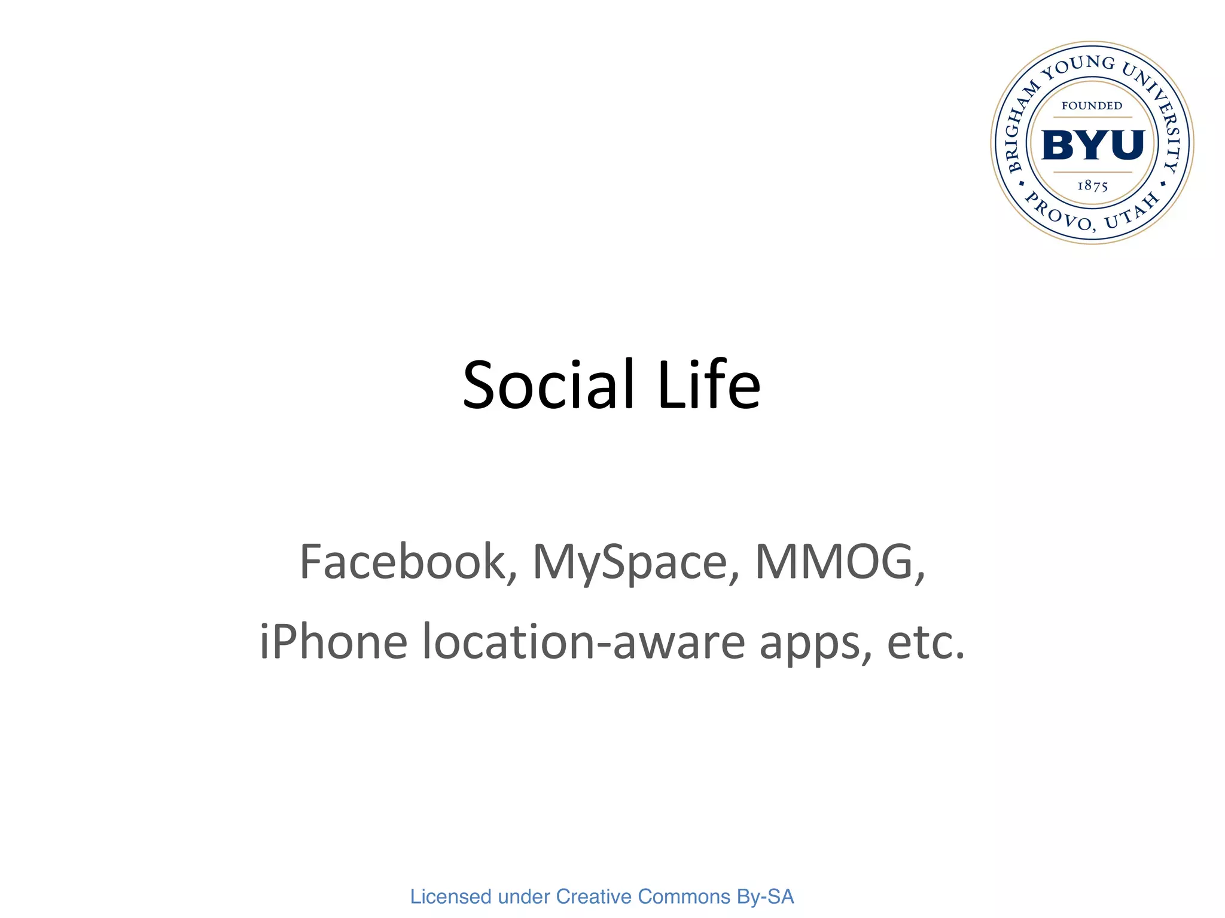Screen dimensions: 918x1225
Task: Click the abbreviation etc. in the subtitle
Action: pos(925,642)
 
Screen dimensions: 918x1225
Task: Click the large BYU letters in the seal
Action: pos(1092,145)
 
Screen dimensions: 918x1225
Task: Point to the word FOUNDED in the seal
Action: pos(1092,106)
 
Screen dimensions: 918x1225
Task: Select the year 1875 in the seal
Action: pos(1092,186)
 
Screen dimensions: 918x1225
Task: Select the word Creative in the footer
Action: pos(593,896)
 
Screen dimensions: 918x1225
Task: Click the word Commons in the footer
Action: pos(684,896)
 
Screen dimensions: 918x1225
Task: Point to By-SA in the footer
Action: pos(765,896)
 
